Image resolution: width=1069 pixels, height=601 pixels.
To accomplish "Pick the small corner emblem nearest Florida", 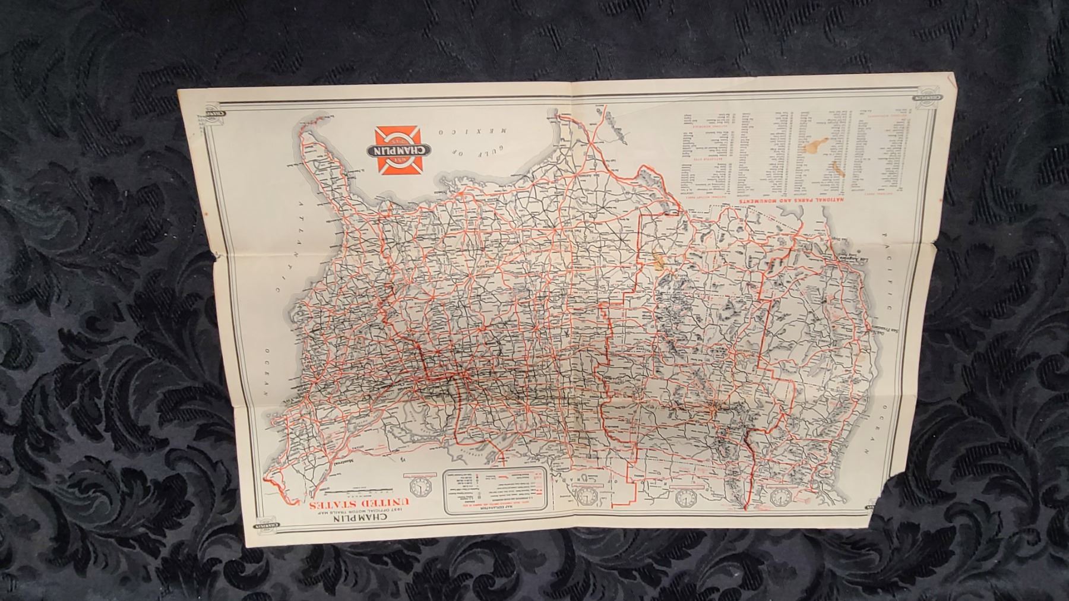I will click(x=210, y=113).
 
